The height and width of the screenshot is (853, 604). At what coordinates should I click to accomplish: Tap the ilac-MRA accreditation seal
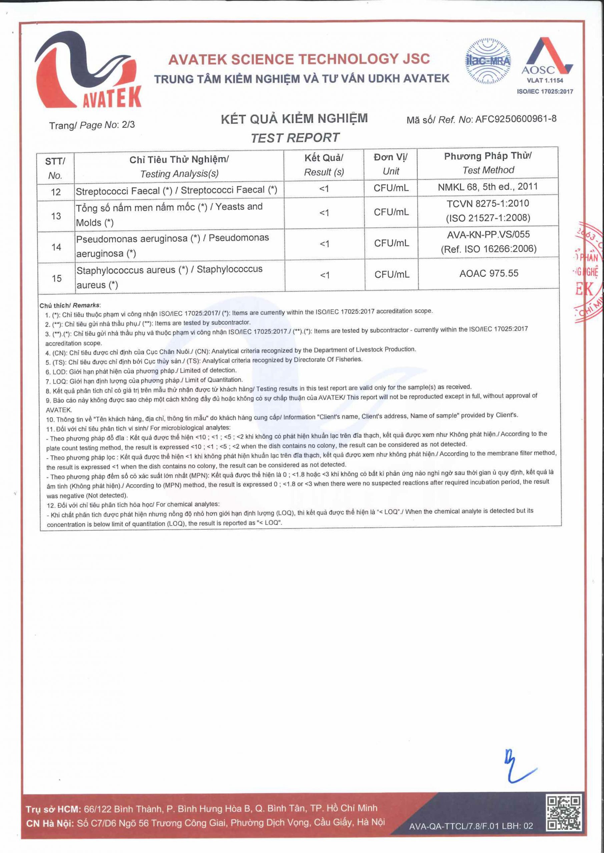pos(488,61)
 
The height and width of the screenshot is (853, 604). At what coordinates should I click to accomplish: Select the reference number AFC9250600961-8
pos(516,119)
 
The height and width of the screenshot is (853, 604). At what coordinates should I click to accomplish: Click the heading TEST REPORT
pos(294,138)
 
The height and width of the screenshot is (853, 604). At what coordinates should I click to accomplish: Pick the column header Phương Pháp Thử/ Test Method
pos(488,163)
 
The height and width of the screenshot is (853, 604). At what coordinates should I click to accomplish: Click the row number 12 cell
pos(56,192)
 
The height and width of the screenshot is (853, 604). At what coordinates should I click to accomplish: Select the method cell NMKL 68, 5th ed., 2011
pos(488,187)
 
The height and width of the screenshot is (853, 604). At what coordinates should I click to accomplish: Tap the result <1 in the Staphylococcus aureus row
pos(324,275)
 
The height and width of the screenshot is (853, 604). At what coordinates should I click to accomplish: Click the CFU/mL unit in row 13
pos(391,212)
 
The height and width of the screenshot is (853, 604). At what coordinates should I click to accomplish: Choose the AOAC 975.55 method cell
pos(488,274)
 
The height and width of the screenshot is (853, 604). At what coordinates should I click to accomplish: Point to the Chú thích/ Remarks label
pos(70,306)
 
